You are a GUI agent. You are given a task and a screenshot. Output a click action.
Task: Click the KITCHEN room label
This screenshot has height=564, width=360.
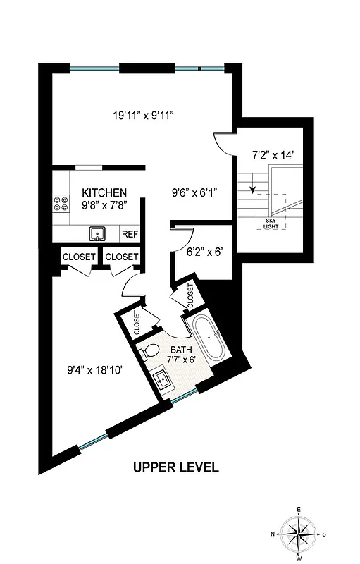coord(104,193)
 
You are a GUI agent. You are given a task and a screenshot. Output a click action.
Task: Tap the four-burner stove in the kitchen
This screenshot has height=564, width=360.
coord(61,204)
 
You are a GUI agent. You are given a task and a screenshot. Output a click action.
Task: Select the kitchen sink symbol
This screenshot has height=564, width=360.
coord(98,233)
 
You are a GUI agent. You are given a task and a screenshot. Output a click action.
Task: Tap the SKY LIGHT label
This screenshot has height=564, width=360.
coord(272,225)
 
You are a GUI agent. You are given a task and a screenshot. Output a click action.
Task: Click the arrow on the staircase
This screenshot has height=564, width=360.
coord(252,190)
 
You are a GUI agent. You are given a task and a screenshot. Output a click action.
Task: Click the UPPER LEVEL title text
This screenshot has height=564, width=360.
coord(176,467)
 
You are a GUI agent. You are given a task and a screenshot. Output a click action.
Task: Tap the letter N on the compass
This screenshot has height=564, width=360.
coord(272,535)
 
